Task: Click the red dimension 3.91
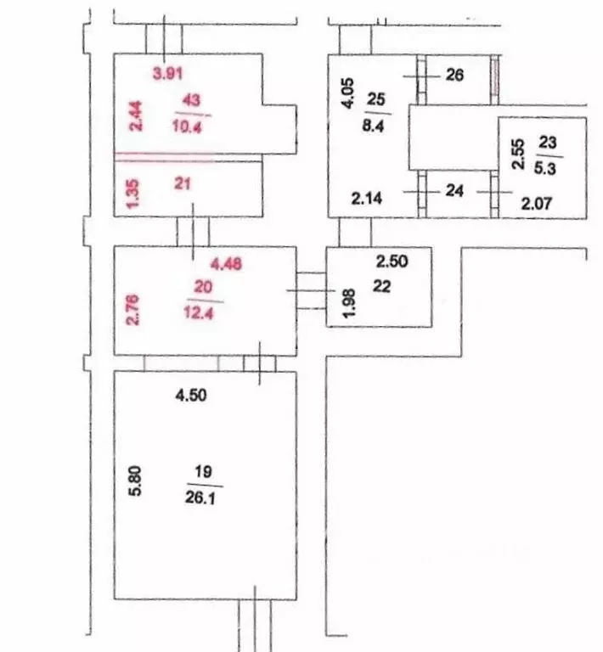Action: point(167,74)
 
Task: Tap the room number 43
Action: point(191,100)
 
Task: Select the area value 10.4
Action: point(187,126)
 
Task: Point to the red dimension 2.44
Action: point(136,116)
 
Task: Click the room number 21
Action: point(183,183)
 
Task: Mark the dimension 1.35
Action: point(133,194)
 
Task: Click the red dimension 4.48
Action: point(226,264)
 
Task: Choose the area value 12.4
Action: point(199,312)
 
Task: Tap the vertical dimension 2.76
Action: point(133,310)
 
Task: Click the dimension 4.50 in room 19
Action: point(191,395)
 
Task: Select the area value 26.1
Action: point(200,497)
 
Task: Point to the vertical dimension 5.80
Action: point(136,481)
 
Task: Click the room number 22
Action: point(382,286)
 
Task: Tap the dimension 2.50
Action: point(392,261)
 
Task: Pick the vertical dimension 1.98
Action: point(349,303)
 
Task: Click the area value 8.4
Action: point(373,125)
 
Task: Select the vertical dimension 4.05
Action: point(347,93)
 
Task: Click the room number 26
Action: point(454,75)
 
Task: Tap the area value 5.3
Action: point(545,168)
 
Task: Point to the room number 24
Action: point(454,190)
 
